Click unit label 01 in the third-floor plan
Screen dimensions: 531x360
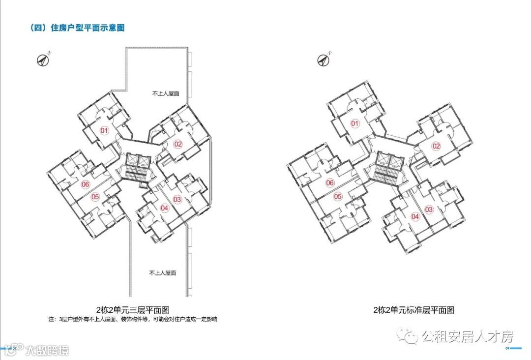[104, 131]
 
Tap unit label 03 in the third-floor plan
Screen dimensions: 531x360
[177, 199]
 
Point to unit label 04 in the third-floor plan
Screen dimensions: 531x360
[165, 208]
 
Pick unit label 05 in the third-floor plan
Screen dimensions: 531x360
[95, 197]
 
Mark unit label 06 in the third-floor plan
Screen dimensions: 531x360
[86, 184]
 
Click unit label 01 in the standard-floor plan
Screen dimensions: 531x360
[355, 123]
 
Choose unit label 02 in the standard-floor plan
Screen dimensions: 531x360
[436, 146]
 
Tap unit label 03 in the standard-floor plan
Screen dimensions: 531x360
[429, 210]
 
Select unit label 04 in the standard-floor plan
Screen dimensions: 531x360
[415, 216]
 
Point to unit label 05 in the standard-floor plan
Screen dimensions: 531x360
[338, 197]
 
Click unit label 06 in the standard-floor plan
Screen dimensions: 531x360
[330, 183]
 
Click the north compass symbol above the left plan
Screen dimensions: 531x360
[44, 60]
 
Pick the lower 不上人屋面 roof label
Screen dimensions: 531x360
[163, 273]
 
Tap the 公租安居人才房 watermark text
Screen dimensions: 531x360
[467, 337]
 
